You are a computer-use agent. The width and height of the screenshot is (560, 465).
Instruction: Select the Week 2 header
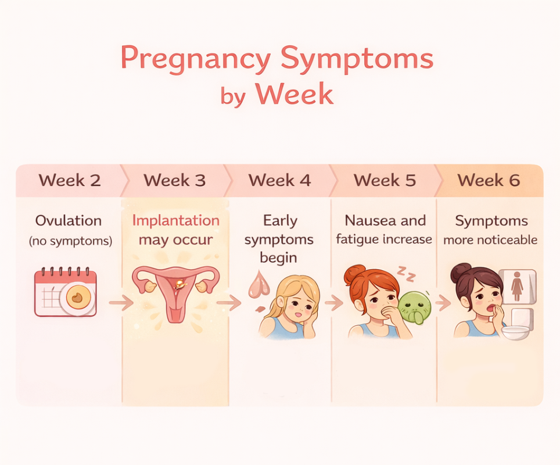tap(70, 180)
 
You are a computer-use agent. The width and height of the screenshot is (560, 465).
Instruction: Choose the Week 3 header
tap(174, 180)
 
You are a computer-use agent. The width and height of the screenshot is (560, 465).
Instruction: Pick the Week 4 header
tap(279, 180)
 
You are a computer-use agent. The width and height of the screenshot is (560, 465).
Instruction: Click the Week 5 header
tap(385, 180)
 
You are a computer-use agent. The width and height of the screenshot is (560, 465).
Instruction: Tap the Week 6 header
tap(489, 180)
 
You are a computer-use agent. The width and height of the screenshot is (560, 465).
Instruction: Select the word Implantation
tap(175, 221)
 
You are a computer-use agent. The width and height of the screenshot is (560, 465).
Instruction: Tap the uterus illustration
tap(175, 291)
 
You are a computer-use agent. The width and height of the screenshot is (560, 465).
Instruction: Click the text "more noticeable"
tap(490, 239)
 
